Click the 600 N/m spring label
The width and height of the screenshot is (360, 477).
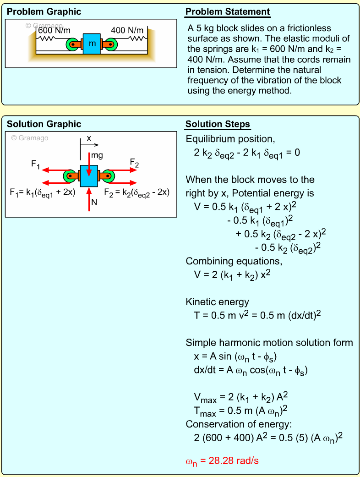[x=55, y=30]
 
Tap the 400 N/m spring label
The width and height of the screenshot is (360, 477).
[x=127, y=30]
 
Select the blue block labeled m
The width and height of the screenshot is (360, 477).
[x=92, y=44]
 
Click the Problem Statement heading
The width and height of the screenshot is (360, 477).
[x=228, y=12]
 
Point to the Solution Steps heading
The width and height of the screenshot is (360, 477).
[x=218, y=124]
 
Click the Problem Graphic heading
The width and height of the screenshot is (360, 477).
[x=44, y=12]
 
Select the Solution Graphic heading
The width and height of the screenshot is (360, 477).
[x=44, y=124]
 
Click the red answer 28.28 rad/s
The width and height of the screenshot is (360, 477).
[x=222, y=461]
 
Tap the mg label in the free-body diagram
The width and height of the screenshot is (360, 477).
[x=97, y=155]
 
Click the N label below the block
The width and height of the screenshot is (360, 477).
[x=94, y=202]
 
